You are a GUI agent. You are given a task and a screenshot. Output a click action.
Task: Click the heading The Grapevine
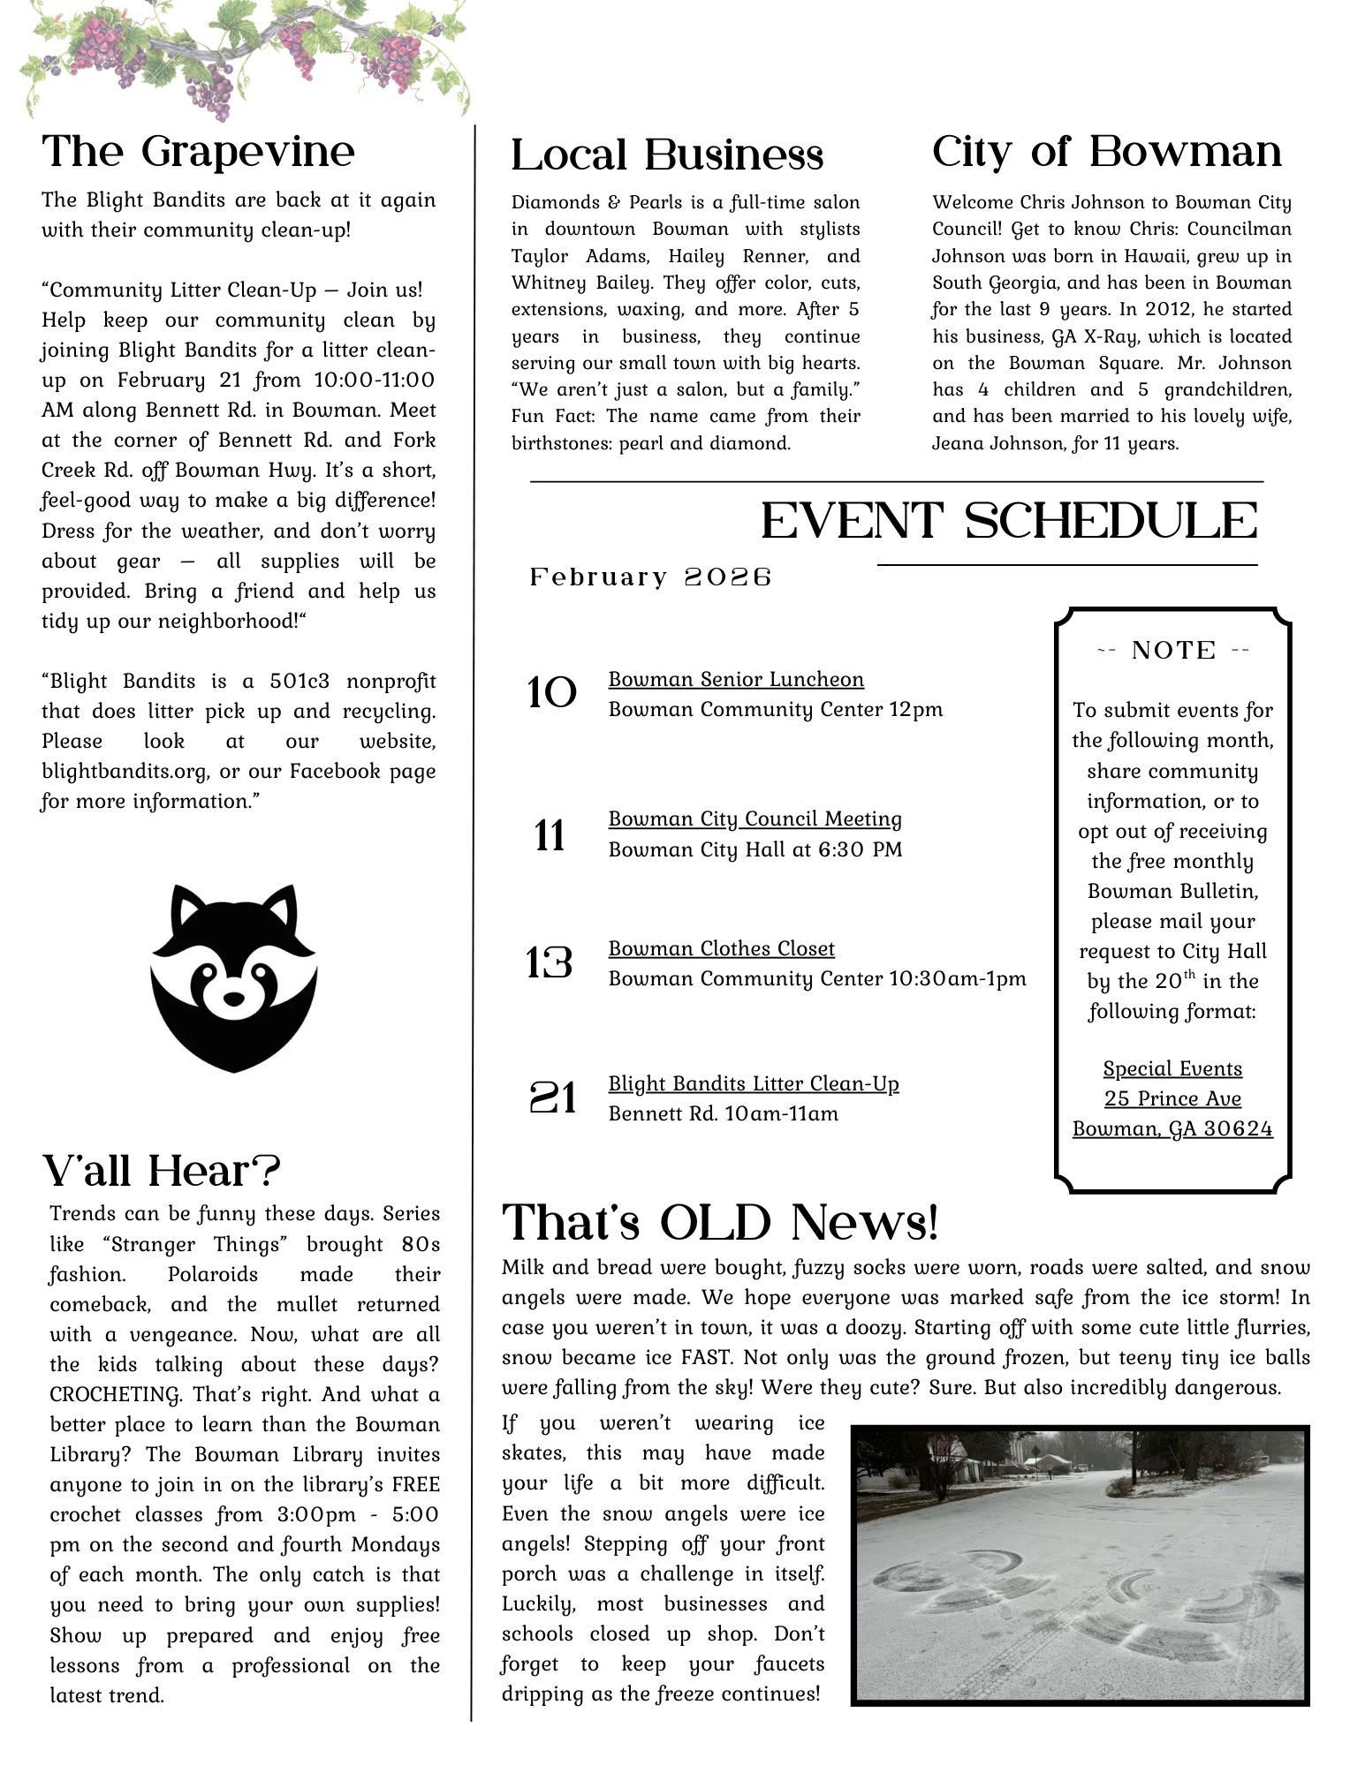click(x=198, y=152)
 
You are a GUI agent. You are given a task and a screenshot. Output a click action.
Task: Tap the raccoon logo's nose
click(x=233, y=998)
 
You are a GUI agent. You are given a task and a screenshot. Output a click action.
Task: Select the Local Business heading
click(x=667, y=155)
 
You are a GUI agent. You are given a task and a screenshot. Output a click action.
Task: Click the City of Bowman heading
click(x=1106, y=152)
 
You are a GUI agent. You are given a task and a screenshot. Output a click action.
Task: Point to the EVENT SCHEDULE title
click(x=1009, y=521)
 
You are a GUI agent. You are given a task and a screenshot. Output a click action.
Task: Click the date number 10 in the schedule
click(x=551, y=694)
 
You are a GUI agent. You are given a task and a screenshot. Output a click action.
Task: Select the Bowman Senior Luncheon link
click(x=736, y=679)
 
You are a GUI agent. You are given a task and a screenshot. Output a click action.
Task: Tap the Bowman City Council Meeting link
click(x=755, y=818)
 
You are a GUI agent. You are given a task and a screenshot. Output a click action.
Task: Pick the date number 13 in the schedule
click(x=549, y=963)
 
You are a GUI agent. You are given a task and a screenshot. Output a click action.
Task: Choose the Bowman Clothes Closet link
click(x=721, y=948)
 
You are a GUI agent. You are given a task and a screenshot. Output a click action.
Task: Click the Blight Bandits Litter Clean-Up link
click(x=753, y=1083)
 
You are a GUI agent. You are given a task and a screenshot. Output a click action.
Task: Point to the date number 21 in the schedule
click(x=552, y=1098)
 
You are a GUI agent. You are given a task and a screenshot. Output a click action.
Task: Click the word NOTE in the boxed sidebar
click(x=1173, y=651)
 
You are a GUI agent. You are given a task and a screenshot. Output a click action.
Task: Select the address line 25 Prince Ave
click(x=1172, y=1098)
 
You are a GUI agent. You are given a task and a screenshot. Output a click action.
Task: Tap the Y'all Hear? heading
click(x=162, y=1172)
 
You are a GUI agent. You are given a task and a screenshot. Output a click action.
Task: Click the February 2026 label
click(x=651, y=577)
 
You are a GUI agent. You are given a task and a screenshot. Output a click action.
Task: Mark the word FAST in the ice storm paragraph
click(x=703, y=1358)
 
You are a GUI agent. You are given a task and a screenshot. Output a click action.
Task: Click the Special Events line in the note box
click(x=1172, y=1068)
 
